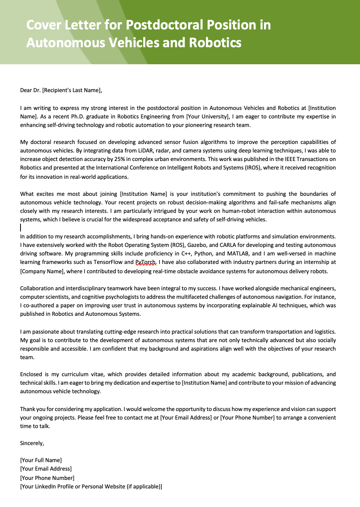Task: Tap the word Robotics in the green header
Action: click(215, 42)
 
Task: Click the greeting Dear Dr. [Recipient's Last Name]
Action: click(61, 90)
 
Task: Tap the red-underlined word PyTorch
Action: click(146, 262)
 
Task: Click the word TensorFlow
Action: click(108, 262)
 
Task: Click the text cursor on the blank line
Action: click(21, 228)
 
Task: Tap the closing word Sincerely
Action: click(32, 443)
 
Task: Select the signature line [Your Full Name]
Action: click(41, 460)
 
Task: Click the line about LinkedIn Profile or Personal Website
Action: click(91, 486)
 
